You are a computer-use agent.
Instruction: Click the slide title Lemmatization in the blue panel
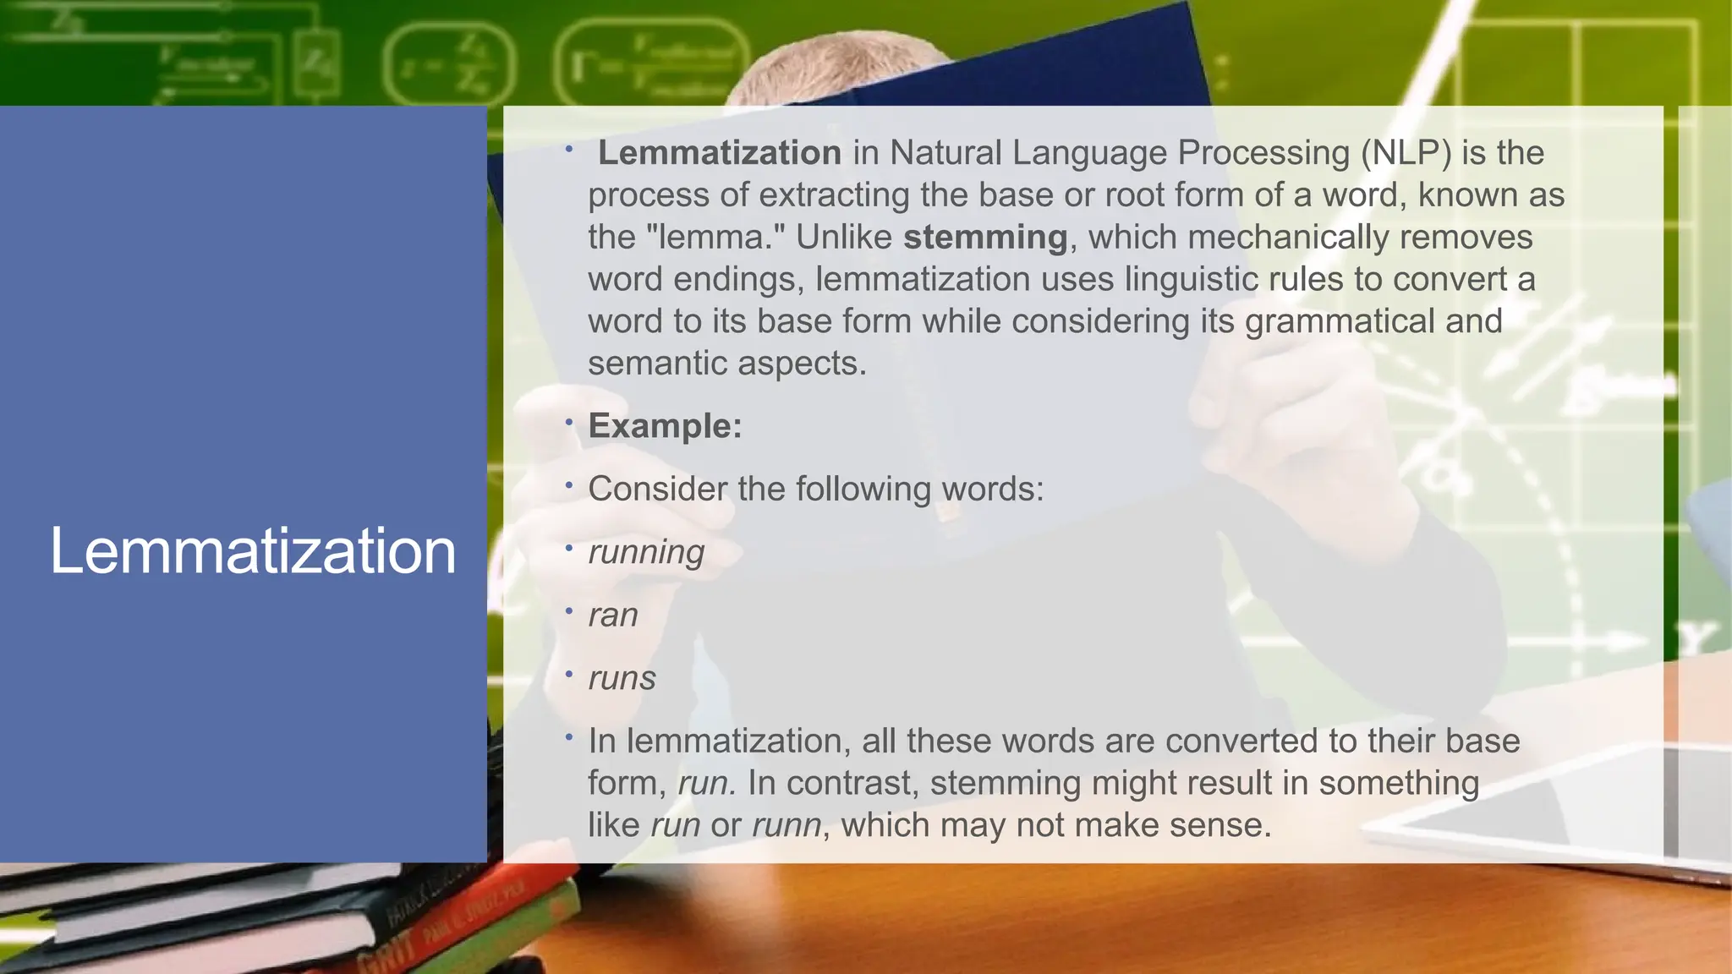(x=253, y=551)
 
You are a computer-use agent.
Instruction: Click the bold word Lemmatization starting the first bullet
(x=720, y=153)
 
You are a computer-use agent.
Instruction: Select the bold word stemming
(x=985, y=237)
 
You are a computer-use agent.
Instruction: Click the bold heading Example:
(x=665, y=426)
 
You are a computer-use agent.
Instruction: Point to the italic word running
(x=646, y=552)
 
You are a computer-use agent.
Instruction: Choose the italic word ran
(x=613, y=615)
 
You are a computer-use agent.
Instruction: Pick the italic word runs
(x=622, y=678)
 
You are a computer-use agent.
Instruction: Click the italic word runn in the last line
(x=787, y=825)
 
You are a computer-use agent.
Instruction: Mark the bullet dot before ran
(x=569, y=610)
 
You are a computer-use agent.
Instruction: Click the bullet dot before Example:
(x=569, y=422)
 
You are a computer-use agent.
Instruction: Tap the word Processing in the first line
(x=1263, y=153)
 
